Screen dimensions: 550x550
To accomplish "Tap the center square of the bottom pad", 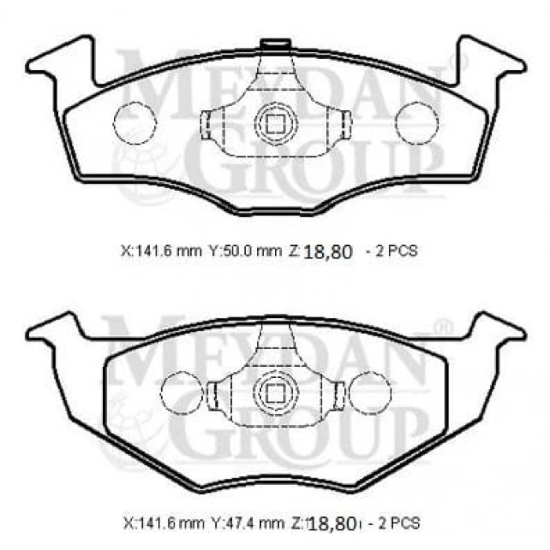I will (x=274, y=390).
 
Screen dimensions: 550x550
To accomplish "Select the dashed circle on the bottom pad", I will (x=366, y=390).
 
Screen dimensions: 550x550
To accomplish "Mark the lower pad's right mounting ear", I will (x=491, y=331).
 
